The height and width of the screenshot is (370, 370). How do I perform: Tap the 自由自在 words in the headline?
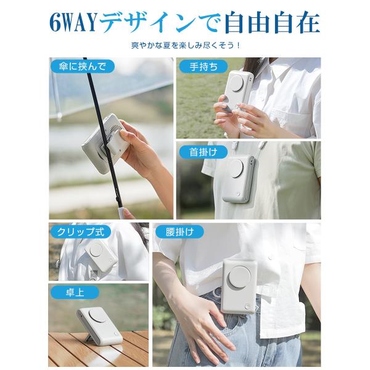(273, 22)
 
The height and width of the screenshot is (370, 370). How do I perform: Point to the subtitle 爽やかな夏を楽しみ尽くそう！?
(186, 45)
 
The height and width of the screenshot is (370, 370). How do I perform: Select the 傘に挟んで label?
(82, 67)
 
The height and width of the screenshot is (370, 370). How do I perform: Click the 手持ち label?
(203, 67)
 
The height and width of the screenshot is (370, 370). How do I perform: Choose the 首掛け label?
(203, 152)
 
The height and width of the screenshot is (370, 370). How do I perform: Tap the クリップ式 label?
(80, 231)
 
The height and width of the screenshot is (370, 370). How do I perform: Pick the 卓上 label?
(75, 292)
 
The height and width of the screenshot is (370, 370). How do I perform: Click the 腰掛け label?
(179, 231)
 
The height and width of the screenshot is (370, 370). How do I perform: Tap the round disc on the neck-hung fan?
(236, 169)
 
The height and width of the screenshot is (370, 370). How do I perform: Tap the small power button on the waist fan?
(247, 306)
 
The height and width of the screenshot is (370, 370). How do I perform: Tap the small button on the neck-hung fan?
(238, 194)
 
